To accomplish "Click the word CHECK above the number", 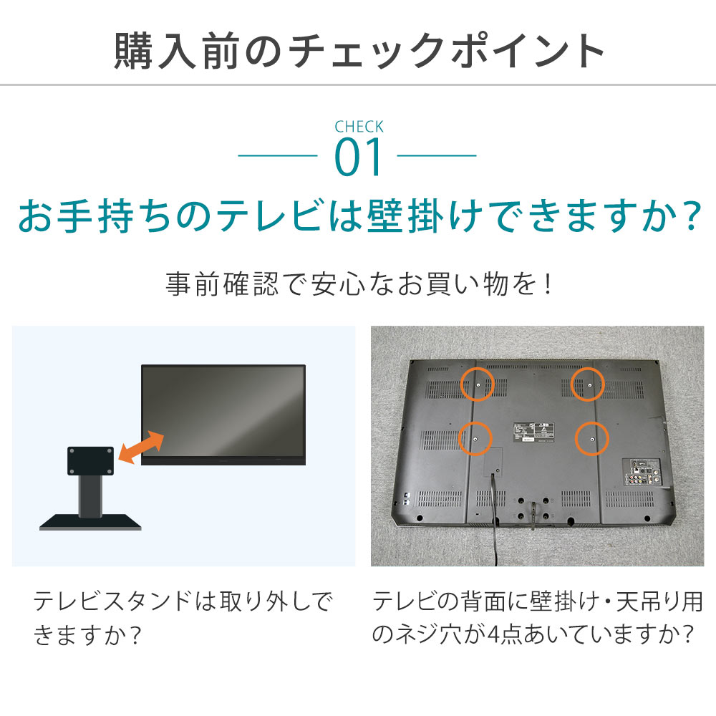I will tap(359, 127).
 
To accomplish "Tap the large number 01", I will tap(359, 159).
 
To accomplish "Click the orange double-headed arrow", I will tap(140, 447).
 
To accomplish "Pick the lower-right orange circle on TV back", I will tap(591, 437).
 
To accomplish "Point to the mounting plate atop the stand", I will tap(90, 461).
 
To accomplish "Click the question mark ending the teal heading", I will tap(686, 216).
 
